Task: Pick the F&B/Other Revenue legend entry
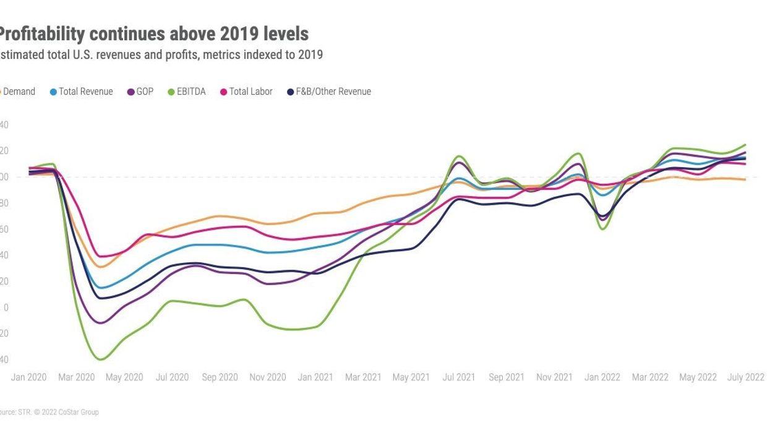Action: (333, 92)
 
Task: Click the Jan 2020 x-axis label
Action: (28, 377)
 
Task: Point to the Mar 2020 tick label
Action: (77, 377)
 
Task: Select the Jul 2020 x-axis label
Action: (172, 377)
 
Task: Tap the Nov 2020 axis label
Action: (267, 377)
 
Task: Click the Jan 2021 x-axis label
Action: (315, 377)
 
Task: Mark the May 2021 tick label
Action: (411, 377)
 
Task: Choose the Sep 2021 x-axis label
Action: (507, 377)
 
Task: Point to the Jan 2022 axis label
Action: (602, 377)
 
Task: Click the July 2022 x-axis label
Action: (745, 377)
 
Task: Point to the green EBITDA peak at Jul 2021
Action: (458, 156)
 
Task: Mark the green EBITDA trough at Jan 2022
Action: (602, 229)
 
